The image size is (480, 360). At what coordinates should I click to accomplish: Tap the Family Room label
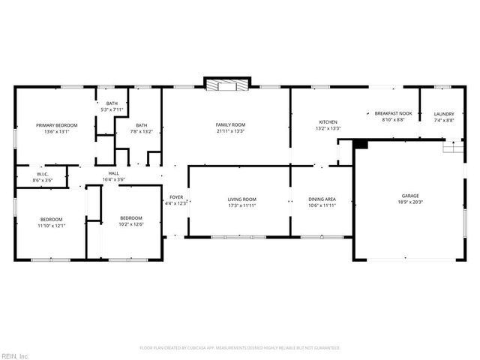[230, 124]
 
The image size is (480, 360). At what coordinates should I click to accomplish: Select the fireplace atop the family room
[226, 84]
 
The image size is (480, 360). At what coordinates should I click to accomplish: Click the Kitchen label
[328, 122]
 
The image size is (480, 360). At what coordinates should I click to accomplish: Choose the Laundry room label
[444, 114]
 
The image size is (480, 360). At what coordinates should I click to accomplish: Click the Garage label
[410, 196]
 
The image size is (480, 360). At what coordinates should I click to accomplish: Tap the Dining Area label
[322, 199]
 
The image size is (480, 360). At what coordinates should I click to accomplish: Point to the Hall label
[114, 173]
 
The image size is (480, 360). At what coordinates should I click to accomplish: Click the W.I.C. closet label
[42, 175]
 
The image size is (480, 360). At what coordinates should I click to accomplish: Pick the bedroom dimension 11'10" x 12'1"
[52, 225]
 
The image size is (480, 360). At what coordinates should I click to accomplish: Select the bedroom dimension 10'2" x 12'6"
[131, 224]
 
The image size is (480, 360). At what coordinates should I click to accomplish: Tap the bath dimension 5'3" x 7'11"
[112, 109]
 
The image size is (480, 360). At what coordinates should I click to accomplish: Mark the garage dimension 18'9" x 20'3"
[410, 202]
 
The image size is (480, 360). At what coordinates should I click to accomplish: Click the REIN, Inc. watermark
[15, 355]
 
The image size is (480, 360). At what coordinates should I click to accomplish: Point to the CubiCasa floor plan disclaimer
[240, 348]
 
